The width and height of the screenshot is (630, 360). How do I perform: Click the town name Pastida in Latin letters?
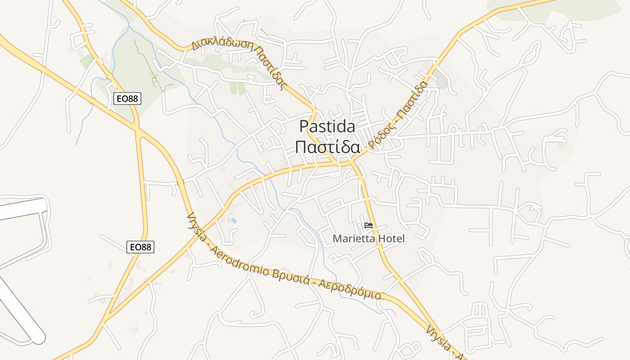click(327, 126)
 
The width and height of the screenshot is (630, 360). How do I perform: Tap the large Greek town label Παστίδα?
click(327, 147)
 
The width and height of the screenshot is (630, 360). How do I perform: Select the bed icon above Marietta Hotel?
click(369, 225)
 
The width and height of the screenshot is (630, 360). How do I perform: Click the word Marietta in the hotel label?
click(353, 238)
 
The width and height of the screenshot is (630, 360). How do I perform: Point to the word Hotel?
click(391, 238)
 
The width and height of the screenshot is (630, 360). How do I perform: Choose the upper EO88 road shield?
click(127, 99)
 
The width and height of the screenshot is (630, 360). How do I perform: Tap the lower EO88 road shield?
click(140, 247)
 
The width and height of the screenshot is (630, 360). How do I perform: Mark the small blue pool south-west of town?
click(233, 220)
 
